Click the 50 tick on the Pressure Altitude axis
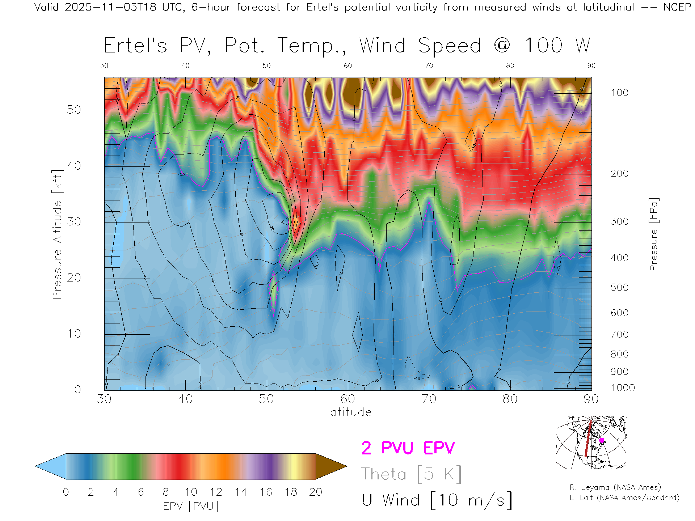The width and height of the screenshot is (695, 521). tap(74, 110)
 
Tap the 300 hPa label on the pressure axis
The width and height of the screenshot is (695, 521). tap(619, 221)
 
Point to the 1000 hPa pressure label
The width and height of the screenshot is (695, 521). tap(623, 388)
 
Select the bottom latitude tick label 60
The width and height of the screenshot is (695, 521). tap(347, 399)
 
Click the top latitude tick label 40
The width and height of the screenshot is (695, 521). tap(185, 65)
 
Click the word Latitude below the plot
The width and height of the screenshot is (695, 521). tap(347, 412)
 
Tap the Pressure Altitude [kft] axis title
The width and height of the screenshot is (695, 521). tap(57, 234)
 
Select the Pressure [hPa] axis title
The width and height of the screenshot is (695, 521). tap(653, 234)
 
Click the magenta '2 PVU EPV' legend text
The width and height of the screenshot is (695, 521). tap(408, 448)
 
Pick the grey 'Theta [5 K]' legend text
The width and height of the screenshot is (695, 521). tap(411, 474)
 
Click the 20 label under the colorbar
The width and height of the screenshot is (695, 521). tap(316, 492)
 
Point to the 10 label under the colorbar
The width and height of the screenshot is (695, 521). tap(191, 492)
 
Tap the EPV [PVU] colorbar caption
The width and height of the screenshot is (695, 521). tap(191, 506)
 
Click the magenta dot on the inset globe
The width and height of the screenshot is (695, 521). tap(602, 440)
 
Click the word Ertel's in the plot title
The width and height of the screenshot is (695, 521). tap(135, 46)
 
